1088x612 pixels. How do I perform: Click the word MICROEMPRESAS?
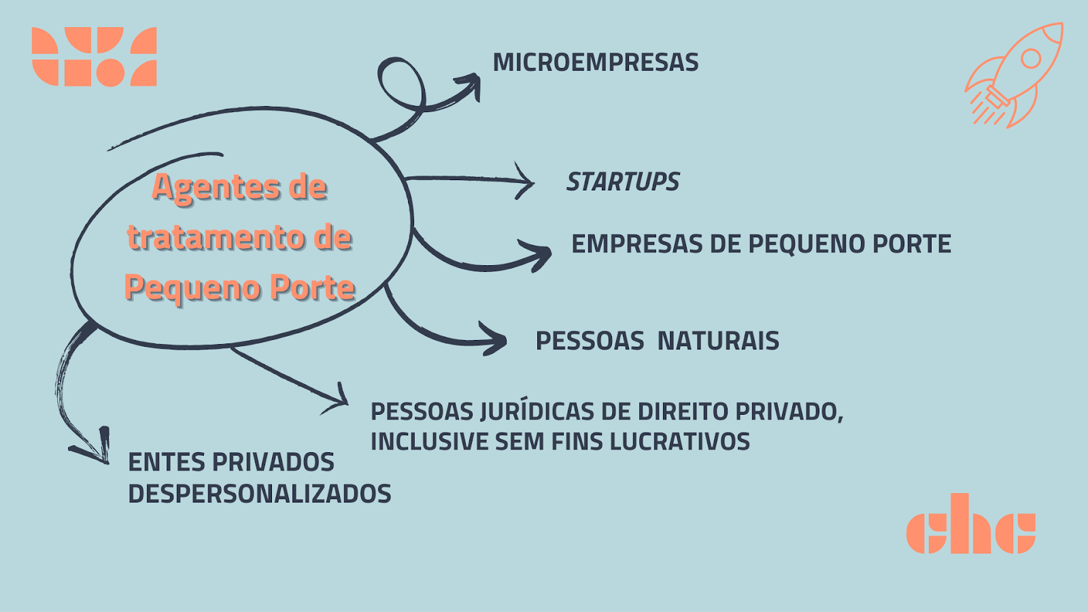click(x=596, y=62)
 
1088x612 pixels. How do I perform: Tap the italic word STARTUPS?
click(x=623, y=182)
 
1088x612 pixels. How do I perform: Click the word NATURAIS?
click(x=718, y=341)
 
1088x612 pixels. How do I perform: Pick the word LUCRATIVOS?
click(x=679, y=441)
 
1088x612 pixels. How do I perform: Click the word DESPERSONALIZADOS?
click(x=259, y=494)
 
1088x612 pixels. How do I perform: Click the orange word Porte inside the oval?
click(x=312, y=287)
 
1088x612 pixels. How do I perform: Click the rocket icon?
click(x=1014, y=75)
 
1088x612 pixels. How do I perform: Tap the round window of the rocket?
click(x=1031, y=58)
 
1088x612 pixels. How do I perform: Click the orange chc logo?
click(x=971, y=524)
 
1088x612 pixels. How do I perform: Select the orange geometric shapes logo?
click(x=95, y=57)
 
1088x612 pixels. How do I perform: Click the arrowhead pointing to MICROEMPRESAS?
click(x=470, y=86)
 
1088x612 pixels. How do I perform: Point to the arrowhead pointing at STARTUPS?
click(x=525, y=181)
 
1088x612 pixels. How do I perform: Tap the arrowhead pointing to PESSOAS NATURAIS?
click(x=494, y=339)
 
